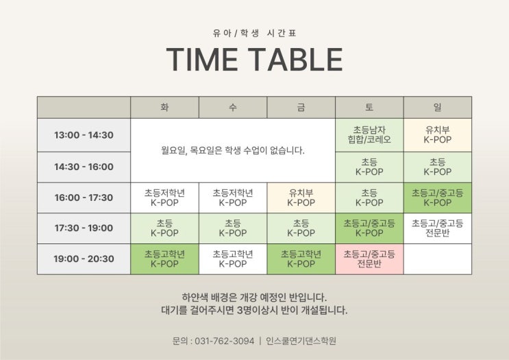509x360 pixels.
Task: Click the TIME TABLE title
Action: point(255,59)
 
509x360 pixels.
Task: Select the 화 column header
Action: point(164,107)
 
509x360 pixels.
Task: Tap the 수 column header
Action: point(233,107)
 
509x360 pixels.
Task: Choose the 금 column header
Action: point(301,107)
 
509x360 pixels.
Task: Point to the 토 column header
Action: point(369,107)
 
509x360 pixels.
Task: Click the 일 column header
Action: point(438,107)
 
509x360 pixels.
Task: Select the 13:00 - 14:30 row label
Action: point(84,135)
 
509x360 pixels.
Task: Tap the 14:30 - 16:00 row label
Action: point(84,167)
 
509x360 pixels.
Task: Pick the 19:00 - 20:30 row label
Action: point(84,259)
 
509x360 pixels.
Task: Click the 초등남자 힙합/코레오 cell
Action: point(369,135)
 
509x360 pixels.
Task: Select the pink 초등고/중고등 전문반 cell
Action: point(369,259)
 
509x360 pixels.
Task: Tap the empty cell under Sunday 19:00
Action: point(438,259)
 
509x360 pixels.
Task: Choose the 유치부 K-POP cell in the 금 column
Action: point(301,197)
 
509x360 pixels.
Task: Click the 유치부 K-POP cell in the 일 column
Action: point(438,135)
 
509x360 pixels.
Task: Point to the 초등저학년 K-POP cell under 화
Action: point(164,197)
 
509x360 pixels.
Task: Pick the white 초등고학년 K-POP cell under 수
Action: point(233,259)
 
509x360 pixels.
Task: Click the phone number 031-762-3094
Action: point(224,341)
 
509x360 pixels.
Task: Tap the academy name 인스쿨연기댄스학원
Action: point(301,341)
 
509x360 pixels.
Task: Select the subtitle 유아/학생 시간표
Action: point(255,33)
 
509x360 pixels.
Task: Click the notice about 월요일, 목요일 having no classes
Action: point(233,150)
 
